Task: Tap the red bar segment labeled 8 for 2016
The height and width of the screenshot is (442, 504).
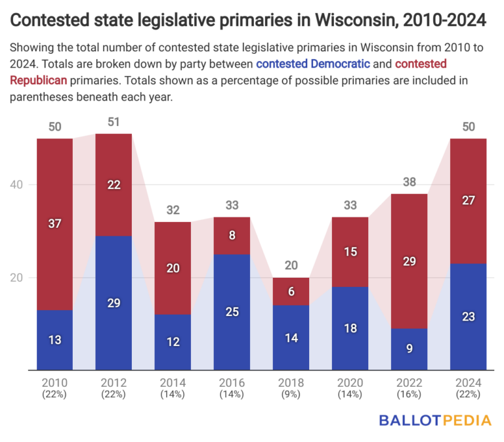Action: click(232, 235)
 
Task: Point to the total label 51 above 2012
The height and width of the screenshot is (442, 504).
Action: click(114, 122)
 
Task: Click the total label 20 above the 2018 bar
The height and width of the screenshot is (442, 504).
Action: click(291, 266)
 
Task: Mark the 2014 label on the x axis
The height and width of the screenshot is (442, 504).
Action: click(173, 383)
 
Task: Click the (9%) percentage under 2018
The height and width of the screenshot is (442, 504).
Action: click(291, 394)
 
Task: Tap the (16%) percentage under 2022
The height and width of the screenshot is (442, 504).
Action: click(409, 394)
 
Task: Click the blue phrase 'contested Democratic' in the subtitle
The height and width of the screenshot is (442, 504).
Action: click(313, 64)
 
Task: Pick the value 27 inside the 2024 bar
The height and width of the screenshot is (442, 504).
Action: click(468, 201)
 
